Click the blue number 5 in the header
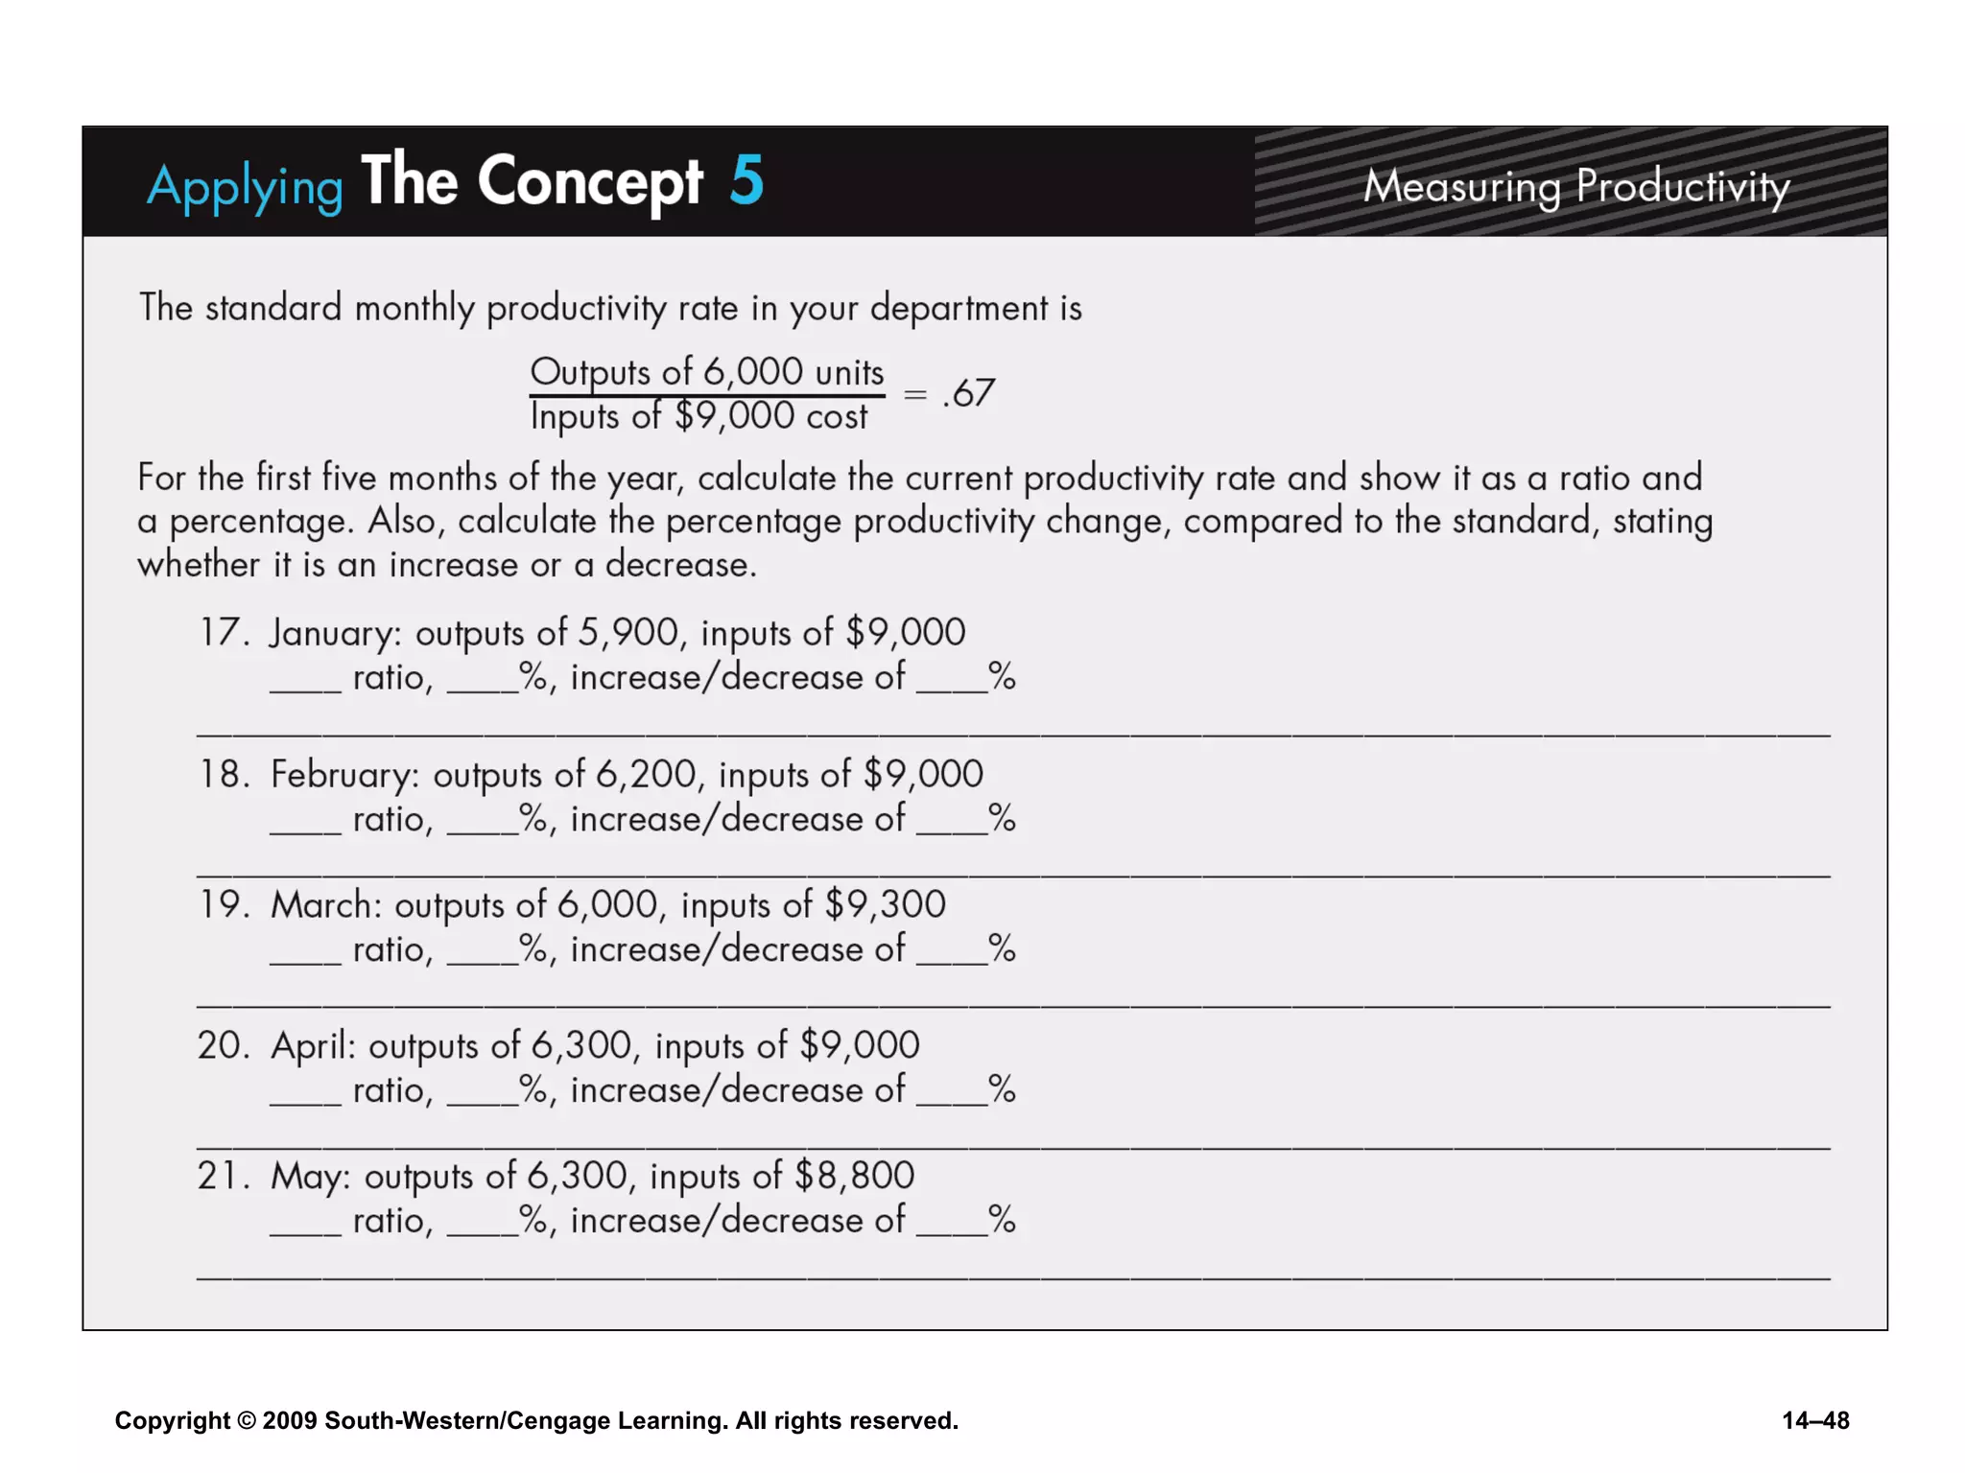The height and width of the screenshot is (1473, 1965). pyautogui.click(x=746, y=179)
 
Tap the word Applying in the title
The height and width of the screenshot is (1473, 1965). pyautogui.click(x=245, y=186)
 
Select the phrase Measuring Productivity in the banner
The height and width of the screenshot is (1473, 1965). pyautogui.click(x=1576, y=186)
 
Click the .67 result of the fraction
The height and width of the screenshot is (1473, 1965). pyautogui.click(x=969, y=393)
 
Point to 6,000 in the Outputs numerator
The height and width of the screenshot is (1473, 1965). pyautogui.click(x=753, y=371)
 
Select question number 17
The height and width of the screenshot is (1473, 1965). pyautogui.click(x=219, y=633)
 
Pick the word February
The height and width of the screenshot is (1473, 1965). pyautogui.click(x=344, y=775)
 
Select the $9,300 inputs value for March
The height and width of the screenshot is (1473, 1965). pyautogui.click(x=885, y=904)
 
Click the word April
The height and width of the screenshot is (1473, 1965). pyautogui.click(x=313, y=1045)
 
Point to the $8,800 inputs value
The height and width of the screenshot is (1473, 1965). pyautogui.click(x=855, y=1176)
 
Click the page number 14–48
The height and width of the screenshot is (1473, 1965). pyautogui.click(x=1815, y=1420)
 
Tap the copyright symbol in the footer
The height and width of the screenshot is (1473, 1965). pyautogui.click(x=247, y=1420)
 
